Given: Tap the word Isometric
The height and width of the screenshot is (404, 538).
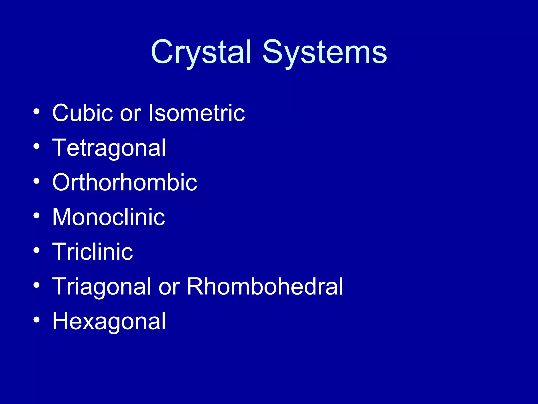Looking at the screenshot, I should pyautogui.click(x=197, y=113).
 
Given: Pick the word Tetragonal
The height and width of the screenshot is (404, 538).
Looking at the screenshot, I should pyautogui.click(x=109, y=148).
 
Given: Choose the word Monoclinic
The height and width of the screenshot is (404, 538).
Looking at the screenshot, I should pyautogui.click(x=108, y=217).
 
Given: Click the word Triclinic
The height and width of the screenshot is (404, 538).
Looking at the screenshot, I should pyautogui.click(x=92, y=252).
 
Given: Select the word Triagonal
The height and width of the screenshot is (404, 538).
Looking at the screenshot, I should pyautogui.click(x=101, y=287).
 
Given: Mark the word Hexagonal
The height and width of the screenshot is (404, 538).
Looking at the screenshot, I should pyautogui.click(x=109, y=321).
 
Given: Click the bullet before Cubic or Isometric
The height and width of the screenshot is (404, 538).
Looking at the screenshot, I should pyautogui.click(x=37, y=112).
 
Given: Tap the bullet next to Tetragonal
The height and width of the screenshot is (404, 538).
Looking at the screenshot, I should pyautogui.click(x=37, y=146).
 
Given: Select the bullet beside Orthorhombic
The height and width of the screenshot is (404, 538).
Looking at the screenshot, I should pyautogui.click(x=37, y=181).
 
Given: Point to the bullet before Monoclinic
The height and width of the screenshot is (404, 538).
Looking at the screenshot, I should pyautogui.click(x=37, y=216).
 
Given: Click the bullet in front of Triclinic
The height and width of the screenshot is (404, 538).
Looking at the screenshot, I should pyautogui.click(x=37, y=250).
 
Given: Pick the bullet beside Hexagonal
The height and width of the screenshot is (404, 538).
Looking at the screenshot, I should pyautogui.click(x=37, y=320).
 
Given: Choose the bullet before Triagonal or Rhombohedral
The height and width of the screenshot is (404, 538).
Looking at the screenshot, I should pyautogui.click(x=37, y=285).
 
